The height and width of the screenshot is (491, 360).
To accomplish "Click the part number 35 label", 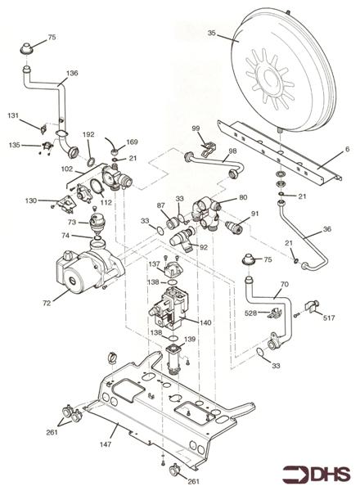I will coord(211,34).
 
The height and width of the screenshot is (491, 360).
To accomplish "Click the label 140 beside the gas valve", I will coord(205,322).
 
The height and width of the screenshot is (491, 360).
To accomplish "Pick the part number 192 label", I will coord(88,133).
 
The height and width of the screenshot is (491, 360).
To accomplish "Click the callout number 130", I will coord(30,200).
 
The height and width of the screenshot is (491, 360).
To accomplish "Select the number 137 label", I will coord(153,264).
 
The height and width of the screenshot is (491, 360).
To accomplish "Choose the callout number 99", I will coord(196,128).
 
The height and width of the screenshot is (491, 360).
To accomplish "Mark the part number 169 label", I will coord(132,142).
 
